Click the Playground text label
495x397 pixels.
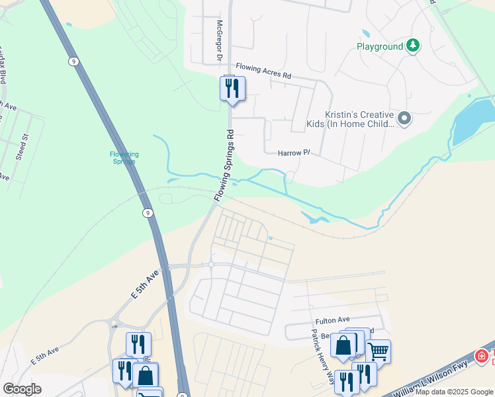point(379,46)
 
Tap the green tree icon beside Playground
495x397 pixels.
point(413,46)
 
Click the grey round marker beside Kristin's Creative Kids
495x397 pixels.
point(404,118)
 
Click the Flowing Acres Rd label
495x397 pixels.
point(264,71)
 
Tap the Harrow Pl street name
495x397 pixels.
point(294,153)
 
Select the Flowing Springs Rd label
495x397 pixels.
point(224,165)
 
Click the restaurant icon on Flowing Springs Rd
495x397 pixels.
point(232,88)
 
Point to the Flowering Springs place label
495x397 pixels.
point(124,157)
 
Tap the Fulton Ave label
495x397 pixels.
point(332,321)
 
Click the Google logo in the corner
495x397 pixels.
point(22,389)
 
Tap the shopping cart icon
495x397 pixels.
point(378,351)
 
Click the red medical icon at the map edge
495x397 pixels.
point(481,356)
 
